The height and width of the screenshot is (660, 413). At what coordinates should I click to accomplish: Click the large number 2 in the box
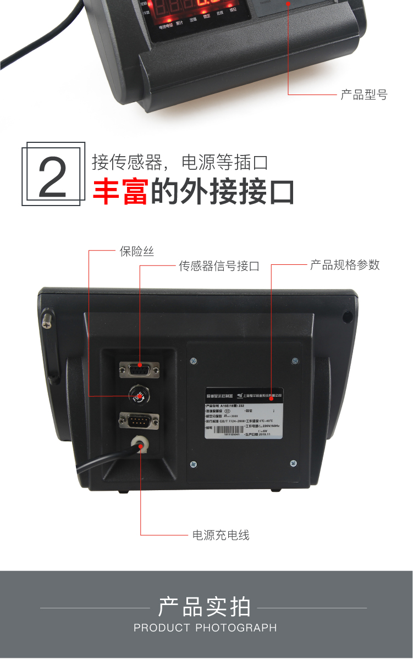click(x=53, y=176)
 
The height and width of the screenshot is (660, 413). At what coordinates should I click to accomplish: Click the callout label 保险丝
click(x=137, y=252)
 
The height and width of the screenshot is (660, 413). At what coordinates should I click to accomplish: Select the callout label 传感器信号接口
click(x=219, y=267)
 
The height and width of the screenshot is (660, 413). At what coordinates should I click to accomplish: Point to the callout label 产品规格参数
click(x=345, y=265)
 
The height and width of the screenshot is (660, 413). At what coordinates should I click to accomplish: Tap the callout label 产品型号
click(x=364, y=95)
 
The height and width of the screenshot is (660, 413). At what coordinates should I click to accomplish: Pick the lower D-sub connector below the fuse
click(x=139, y=421)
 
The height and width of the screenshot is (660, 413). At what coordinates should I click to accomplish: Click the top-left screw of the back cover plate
click(x=193, y=361)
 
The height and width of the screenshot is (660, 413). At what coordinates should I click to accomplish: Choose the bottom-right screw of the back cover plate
click(x=293, y=463)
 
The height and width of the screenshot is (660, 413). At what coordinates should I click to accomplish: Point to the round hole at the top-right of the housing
click(x=348, y=317)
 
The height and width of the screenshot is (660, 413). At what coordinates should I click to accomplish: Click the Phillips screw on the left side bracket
click(x=48, y=320)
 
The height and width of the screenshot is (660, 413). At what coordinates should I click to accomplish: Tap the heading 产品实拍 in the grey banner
click(x=205, y=607)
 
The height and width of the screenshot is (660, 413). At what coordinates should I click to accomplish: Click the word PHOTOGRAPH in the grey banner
click(x=236, y=628)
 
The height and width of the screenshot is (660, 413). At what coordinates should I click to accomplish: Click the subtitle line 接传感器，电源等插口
click(x=179, y=163)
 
